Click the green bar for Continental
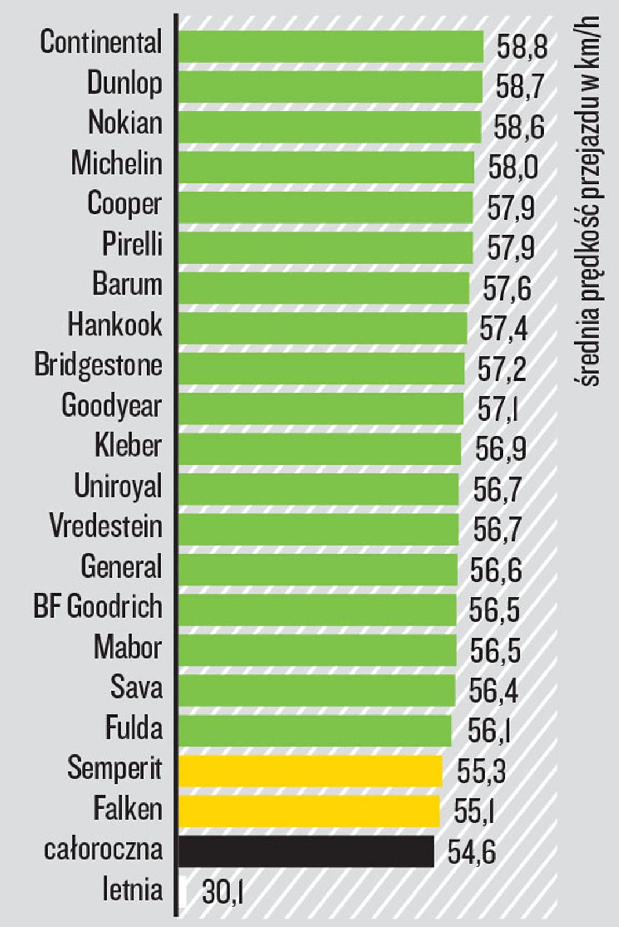[330, 46]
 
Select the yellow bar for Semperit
[310, 771]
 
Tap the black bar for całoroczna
[306, 851]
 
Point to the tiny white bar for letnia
[183, 892]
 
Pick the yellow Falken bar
[309, 811]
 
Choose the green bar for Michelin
[326, 167]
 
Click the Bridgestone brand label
[99, 366]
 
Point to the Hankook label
[115, 325]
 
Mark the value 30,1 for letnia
[223, 893]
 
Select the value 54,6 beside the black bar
[472, 853]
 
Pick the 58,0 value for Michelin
[513, 168]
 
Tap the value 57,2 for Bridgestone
[502, 370]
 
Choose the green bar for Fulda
[315, 731]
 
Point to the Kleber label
[128, 446]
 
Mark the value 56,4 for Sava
[493, 692]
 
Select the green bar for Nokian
[329, 126]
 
